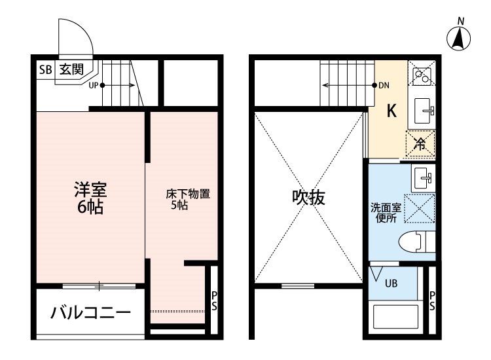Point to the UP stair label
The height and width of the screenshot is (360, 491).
tap(94, 84)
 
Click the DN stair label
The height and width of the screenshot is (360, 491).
tap(384, 84)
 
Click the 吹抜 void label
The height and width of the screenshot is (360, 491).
tap(308, 197)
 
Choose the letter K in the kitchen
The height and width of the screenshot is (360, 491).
tap(391, 111)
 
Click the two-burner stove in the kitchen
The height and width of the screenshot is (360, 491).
tap(420, 75)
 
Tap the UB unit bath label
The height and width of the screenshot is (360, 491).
tap(390, 283)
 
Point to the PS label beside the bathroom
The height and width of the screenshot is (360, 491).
tap(432, 300)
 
